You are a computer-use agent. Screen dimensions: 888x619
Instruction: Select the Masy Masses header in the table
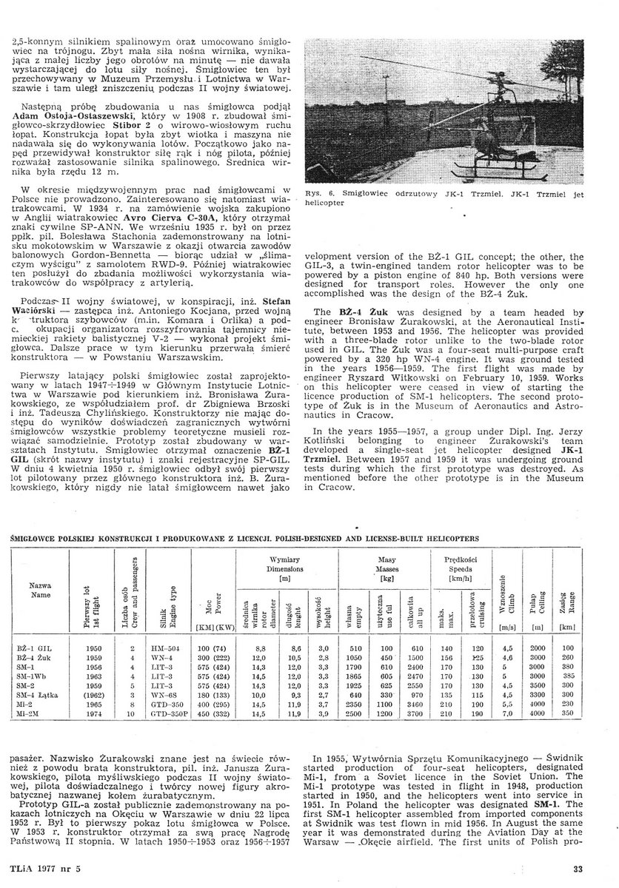tap(386, 564)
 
